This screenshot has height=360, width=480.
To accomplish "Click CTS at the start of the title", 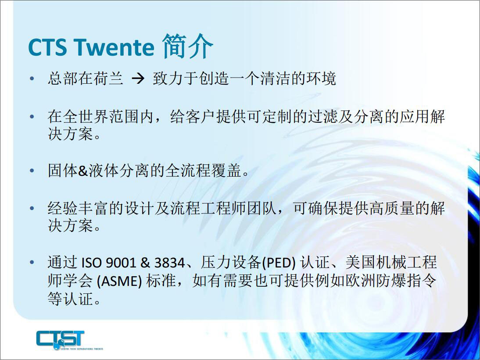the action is click(x=47, y=47).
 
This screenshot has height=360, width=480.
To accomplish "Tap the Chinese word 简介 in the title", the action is click(x=187, y=46).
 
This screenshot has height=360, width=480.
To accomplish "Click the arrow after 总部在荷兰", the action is click(x=138, y=79).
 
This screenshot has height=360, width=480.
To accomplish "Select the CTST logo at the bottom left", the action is click(x=69, y=340).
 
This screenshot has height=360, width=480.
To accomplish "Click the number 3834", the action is click(x=170, y=263).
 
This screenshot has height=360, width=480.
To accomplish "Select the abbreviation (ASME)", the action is click(x=119, y=281).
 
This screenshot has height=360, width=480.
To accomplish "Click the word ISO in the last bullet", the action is click(x=91, y=263).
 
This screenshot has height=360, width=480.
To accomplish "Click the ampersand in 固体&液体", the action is click(x=83, y=171).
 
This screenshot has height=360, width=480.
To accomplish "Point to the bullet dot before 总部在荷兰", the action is click(x=32, y=79).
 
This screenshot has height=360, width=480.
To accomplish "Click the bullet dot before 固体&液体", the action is click(x=32, y=171).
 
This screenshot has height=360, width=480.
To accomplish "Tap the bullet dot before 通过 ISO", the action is click(x=32, y=262).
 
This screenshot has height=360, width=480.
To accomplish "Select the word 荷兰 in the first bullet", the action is click(x=108, y=78).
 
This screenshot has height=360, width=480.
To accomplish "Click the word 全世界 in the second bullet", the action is click(x=78, y=116).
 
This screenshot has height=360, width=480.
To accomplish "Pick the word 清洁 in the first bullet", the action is click(x=275, y=78).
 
